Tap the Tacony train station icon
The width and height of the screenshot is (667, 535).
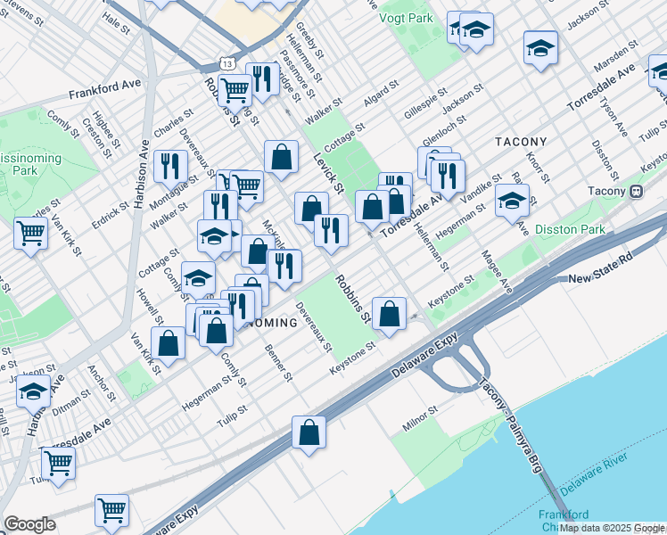[x=637, y=191]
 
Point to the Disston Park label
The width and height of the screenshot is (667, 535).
[x=572, y=229]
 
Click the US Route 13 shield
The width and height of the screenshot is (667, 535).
[x=228, y=65]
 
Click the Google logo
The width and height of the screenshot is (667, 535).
[x=29, y=523]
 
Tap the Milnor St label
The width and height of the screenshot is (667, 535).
[x=419, y=419]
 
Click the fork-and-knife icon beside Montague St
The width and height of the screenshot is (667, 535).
[x=168, y=165]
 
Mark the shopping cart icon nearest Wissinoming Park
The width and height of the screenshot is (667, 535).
[x=30, y=234]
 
